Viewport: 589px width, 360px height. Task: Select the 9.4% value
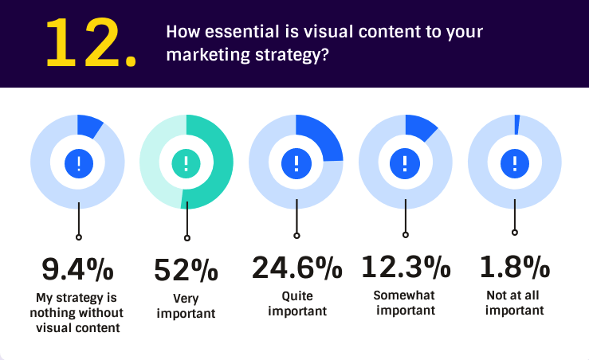pyautogui.click(x=77, y=269)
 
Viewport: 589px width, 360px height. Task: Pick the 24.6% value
pyautogui.click(x=296, y=267)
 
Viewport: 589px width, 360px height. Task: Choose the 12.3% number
pyautogui.click(x=406, y=267)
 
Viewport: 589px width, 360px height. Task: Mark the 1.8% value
pyautogui.click(x=515, y=267)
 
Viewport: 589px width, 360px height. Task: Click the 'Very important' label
pyautogui.click(x=187, y=306)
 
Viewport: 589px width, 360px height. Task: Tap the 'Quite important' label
pyautogui.click(x=296, y=303)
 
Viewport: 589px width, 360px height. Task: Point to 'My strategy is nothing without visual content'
pyautogui.click(x=77, y=311)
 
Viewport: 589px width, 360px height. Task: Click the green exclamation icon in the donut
pyautogui.click(x=187, y=163)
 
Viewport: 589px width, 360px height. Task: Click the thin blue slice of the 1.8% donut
pyautogui.click(x=516, y=123)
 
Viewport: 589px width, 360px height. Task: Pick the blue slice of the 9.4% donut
pyautogui.click(x=88, y=126)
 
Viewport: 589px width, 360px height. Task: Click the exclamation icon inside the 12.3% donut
pyautogui.click(x=406, y=163)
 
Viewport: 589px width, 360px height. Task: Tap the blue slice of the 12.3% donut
pyautogui.click(x=419, y=127)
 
